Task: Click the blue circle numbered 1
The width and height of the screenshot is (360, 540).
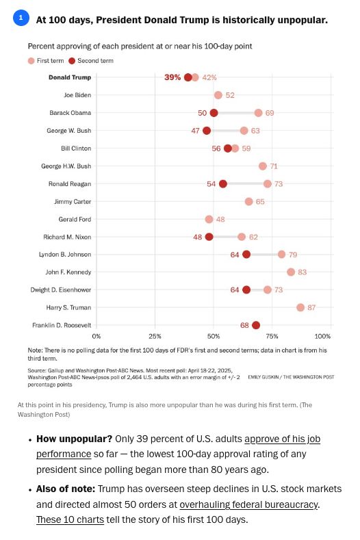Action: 21,18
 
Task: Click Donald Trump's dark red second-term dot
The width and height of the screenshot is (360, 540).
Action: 188,77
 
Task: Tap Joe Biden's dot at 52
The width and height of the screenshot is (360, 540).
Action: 218,95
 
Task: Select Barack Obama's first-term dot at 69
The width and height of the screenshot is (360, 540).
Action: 258,113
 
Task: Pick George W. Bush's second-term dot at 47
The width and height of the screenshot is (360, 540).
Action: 207,131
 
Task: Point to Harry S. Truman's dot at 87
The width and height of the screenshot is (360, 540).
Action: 300,307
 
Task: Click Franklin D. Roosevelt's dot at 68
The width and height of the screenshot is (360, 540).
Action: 255,325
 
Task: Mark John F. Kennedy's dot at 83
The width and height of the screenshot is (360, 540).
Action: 291,272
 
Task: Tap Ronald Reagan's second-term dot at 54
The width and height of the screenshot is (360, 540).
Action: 223,183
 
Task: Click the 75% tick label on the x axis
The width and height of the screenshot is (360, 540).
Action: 272,336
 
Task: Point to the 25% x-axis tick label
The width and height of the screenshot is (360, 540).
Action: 155,336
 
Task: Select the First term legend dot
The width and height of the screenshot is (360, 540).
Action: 31,61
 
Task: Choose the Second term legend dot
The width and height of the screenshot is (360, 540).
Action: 72,61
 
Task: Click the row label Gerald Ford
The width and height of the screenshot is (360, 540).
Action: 75,219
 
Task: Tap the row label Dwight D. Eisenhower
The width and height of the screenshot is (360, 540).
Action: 61,290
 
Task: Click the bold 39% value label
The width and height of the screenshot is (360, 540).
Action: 172,77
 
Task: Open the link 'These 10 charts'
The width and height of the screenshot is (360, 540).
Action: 70,519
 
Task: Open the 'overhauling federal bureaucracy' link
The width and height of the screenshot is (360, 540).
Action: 248,504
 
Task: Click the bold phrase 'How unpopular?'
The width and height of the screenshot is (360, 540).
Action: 75,439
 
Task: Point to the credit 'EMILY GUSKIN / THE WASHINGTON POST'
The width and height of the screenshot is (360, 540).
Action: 291,377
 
